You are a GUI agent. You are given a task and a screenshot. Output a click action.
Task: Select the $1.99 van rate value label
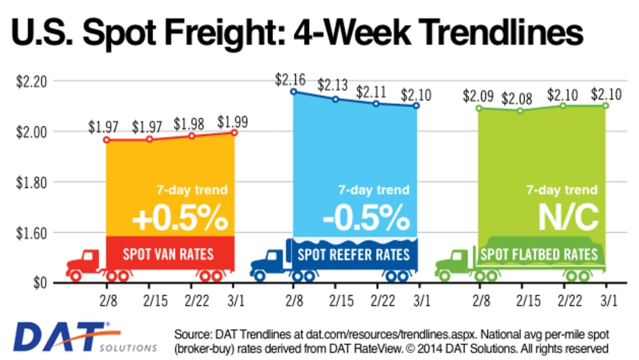pos(233,121)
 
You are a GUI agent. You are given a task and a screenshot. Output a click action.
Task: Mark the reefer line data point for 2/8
pos(293,91)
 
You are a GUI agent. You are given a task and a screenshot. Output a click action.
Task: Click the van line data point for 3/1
pos(234,132)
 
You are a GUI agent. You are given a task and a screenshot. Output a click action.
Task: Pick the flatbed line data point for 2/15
pos(520,110)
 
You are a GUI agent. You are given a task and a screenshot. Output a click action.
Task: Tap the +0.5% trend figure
pos(179,218)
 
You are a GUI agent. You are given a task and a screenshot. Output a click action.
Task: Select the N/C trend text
pos(567,218)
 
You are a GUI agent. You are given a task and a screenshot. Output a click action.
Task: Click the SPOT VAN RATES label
pos(170,253)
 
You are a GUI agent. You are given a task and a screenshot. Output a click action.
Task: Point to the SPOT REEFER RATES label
pos(353,254)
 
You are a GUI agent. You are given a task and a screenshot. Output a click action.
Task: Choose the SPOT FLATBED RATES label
pos(539,254)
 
